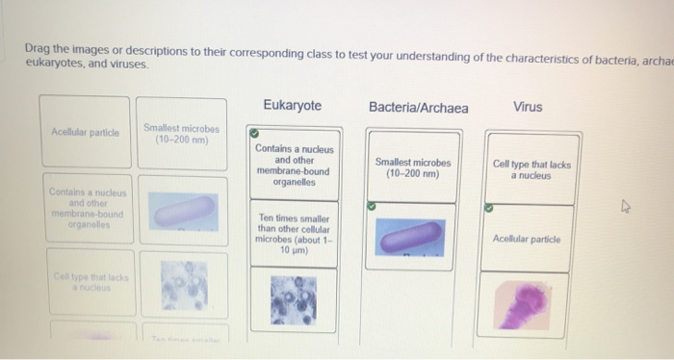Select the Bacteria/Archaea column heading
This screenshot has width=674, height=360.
pos(418,107)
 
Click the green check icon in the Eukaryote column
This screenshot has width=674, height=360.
pos(253,134)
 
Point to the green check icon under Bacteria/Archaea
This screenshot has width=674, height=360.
pos(371,206)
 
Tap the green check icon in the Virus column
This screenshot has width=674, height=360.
pos(488,206)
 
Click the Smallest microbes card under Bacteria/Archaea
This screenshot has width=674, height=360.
pos(413,168)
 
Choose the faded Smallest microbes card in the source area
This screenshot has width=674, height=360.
pos(182,133)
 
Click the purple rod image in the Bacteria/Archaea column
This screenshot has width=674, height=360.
pos(412,240)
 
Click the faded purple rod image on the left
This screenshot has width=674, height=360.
pos(181,209)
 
